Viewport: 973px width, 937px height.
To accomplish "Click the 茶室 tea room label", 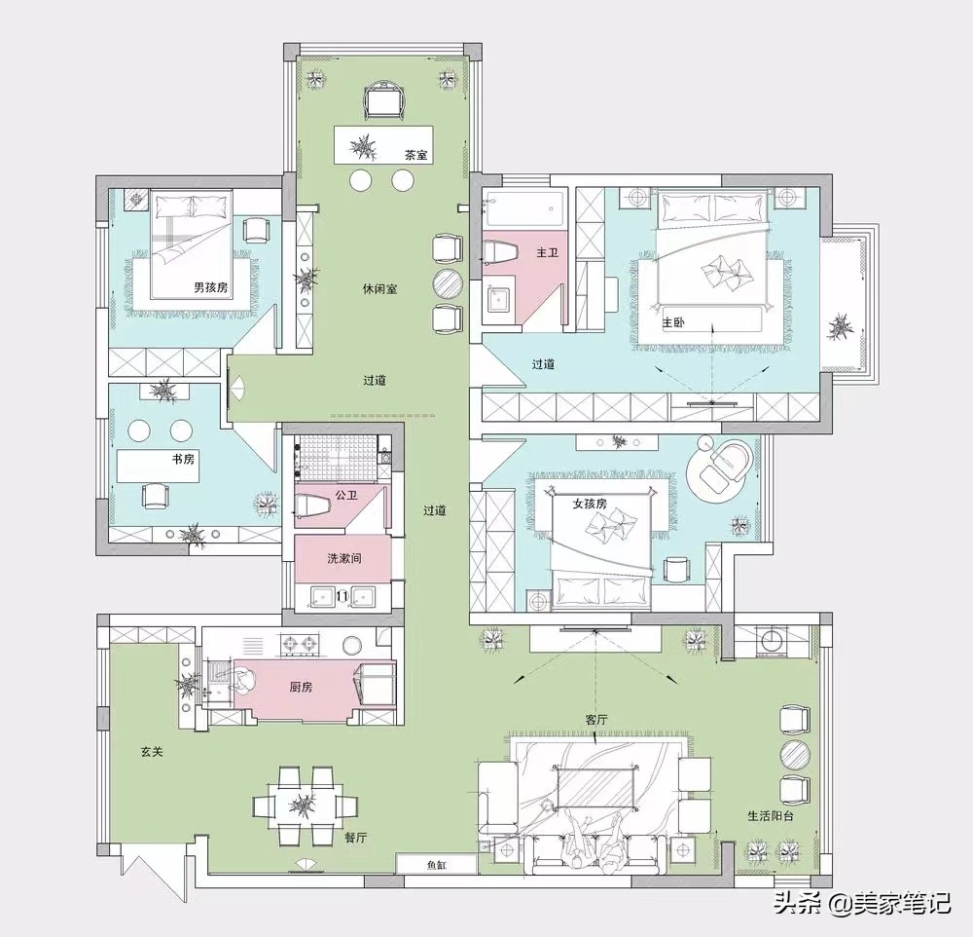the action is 416,155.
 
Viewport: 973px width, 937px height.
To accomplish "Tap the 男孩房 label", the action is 211,287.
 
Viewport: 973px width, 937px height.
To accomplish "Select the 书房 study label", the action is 183,459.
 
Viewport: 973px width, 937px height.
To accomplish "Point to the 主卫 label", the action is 547,253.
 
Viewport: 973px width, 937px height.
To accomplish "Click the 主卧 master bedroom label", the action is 673,323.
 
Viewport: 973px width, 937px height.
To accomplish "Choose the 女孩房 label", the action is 590,504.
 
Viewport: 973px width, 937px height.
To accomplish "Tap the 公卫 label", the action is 346,495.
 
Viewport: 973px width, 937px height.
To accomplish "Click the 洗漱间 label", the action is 344,559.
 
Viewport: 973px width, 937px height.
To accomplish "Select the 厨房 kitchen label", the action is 301,688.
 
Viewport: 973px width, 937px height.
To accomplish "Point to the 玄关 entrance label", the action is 152,752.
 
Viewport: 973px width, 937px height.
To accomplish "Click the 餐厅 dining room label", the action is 355,838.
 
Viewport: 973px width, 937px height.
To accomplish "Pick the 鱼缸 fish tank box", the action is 437,864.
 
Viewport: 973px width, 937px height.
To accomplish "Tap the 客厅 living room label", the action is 595,720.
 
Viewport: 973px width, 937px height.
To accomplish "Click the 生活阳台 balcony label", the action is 770,816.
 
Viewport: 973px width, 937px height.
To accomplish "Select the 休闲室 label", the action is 379,289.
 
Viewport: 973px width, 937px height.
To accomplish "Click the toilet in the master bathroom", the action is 500,253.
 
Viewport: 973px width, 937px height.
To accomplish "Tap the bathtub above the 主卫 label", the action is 524,208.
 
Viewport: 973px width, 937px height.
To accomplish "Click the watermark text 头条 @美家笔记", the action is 862,903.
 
